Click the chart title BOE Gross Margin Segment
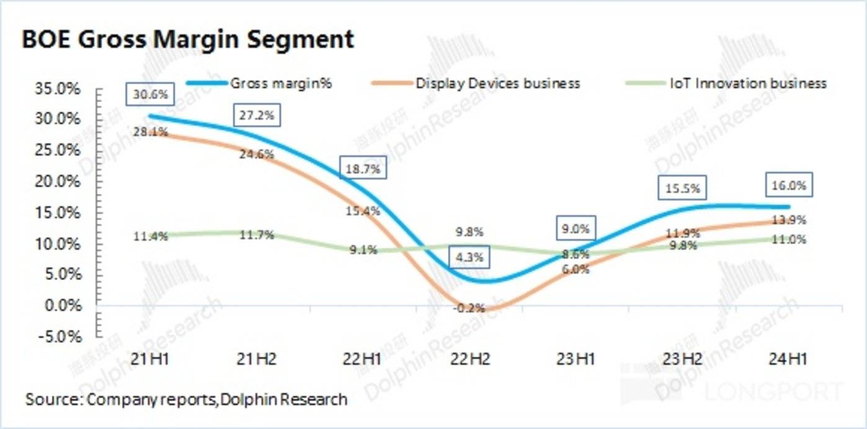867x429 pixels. click(x=188, y=40)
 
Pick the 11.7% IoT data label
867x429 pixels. click(x=257, y=236)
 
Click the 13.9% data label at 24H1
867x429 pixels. click(x=789, y=220)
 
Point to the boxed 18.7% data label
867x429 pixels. click(x=364, y=168)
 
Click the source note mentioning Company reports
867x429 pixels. click(x=186, y=399)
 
